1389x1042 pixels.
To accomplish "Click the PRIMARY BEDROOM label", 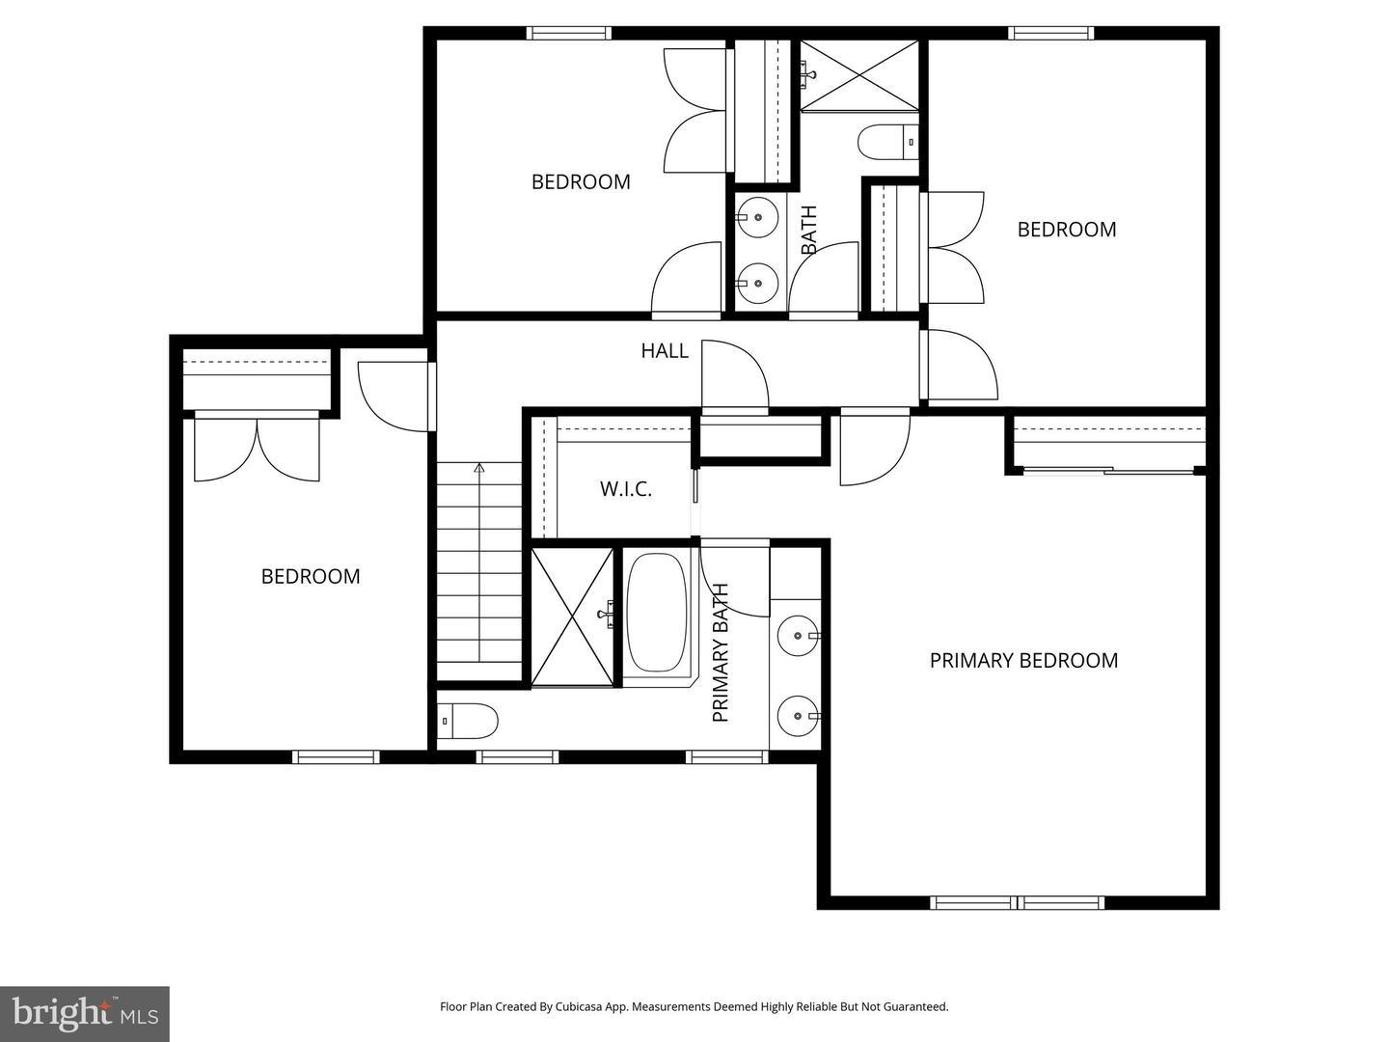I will (1023, 661).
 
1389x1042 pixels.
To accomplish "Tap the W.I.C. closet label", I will (626, 489).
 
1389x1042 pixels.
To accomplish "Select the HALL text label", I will (665, 351).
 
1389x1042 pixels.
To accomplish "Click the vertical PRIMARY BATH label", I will (721, 653).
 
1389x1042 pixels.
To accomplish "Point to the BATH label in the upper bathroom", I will (809, 230).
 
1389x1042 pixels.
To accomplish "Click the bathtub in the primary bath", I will (657, 613).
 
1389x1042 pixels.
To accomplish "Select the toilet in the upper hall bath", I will (888, 142).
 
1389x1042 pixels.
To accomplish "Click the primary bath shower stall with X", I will (572, 617).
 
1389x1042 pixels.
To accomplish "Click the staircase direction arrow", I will (478, 469).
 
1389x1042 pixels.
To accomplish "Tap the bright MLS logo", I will (85, 1013).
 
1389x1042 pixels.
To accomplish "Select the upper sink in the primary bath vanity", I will (798, 636).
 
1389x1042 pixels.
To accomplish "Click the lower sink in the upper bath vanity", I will (757, 284).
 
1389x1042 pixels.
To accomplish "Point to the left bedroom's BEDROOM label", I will (311, 577).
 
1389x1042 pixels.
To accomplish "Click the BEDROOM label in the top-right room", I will (1067, 230).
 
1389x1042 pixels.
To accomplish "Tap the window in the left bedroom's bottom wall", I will (336, 757).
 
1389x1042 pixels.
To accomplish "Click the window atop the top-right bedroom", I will (1051, 33).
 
